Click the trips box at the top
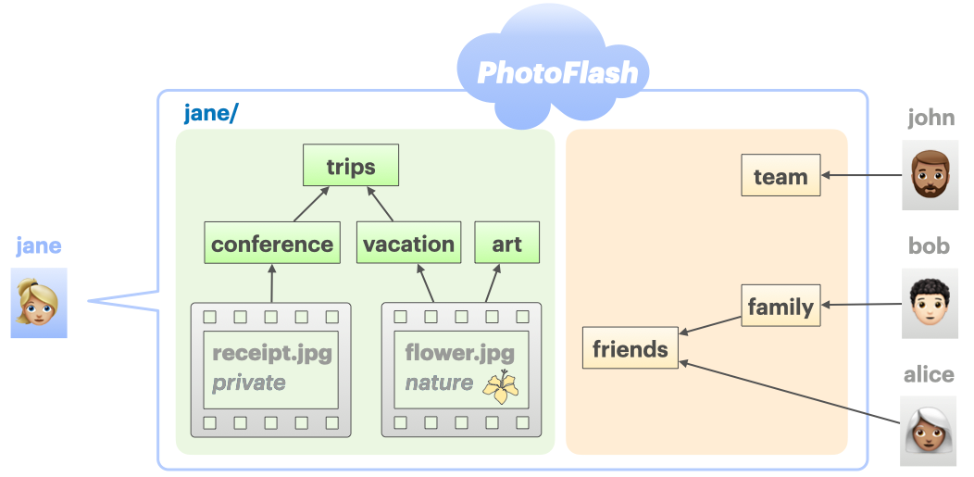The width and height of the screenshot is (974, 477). [x=351, y=167]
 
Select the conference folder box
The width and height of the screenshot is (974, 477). [x=272, y=244]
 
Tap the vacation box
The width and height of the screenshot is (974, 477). [x=408, y=244]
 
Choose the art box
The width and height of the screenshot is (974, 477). [x=506, y=244]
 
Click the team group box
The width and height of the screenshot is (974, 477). [x=780, y=176]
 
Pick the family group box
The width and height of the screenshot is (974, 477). [x=780, y=306]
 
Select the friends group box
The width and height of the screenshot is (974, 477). [x=630, y=349]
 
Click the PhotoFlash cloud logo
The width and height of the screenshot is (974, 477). [x=557, y=72]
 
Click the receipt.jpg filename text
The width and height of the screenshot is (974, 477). [x=271, y=353]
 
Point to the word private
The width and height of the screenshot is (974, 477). [x=248, y=383]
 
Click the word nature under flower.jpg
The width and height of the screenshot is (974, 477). [x=439, y=383]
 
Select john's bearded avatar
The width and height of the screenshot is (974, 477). [x=930, y=175]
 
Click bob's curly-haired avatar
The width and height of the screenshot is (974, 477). [x=930, y=303]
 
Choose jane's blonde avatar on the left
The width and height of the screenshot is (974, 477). [x=39, y=303]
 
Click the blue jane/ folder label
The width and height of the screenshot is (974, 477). [x=211, y=113]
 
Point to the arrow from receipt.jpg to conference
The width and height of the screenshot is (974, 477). [x=272, y=282]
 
